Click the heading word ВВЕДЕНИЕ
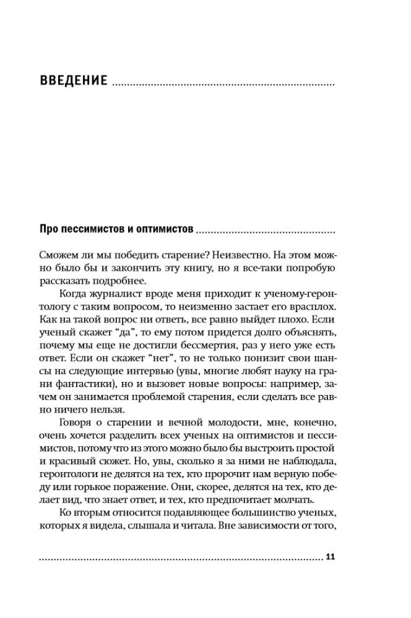73,81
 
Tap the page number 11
329,557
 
